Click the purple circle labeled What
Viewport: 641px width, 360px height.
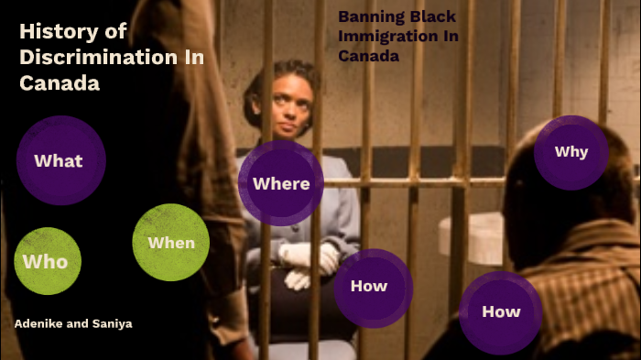click(x=60, y=160)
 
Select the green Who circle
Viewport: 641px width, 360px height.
click(x=47, y=261)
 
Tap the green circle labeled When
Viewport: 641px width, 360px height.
click(x=171, y=242)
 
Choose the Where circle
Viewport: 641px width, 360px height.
click(x=280, y=183)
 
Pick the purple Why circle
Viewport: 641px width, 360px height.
click(x=570, y=152)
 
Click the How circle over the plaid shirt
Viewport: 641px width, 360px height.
click(x=500, y=311)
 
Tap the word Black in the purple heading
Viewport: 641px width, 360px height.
click(x=433, y=16)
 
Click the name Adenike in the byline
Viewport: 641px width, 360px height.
click(x=40, y=323)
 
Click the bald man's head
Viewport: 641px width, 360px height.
click(x=559, y=183)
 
